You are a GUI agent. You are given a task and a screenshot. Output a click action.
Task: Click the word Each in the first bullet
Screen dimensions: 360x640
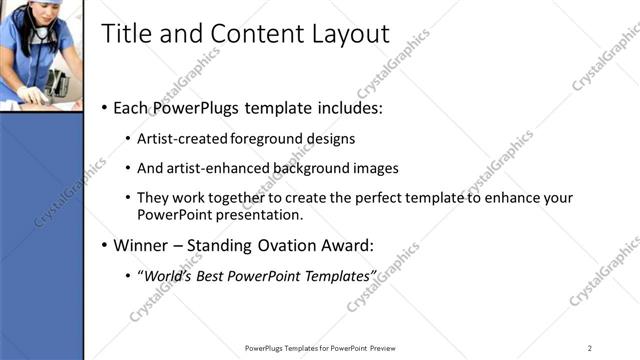[x=132, y=108]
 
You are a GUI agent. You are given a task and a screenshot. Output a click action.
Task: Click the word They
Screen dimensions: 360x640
[x=153, y=198]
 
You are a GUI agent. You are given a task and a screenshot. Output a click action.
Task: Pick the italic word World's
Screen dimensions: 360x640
[x=169, y=275]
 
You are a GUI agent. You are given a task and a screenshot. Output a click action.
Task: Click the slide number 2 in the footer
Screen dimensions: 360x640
[x=590, y=348]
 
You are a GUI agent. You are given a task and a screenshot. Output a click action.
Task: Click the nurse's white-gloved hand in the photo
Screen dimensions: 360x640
[x=30, y=95]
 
